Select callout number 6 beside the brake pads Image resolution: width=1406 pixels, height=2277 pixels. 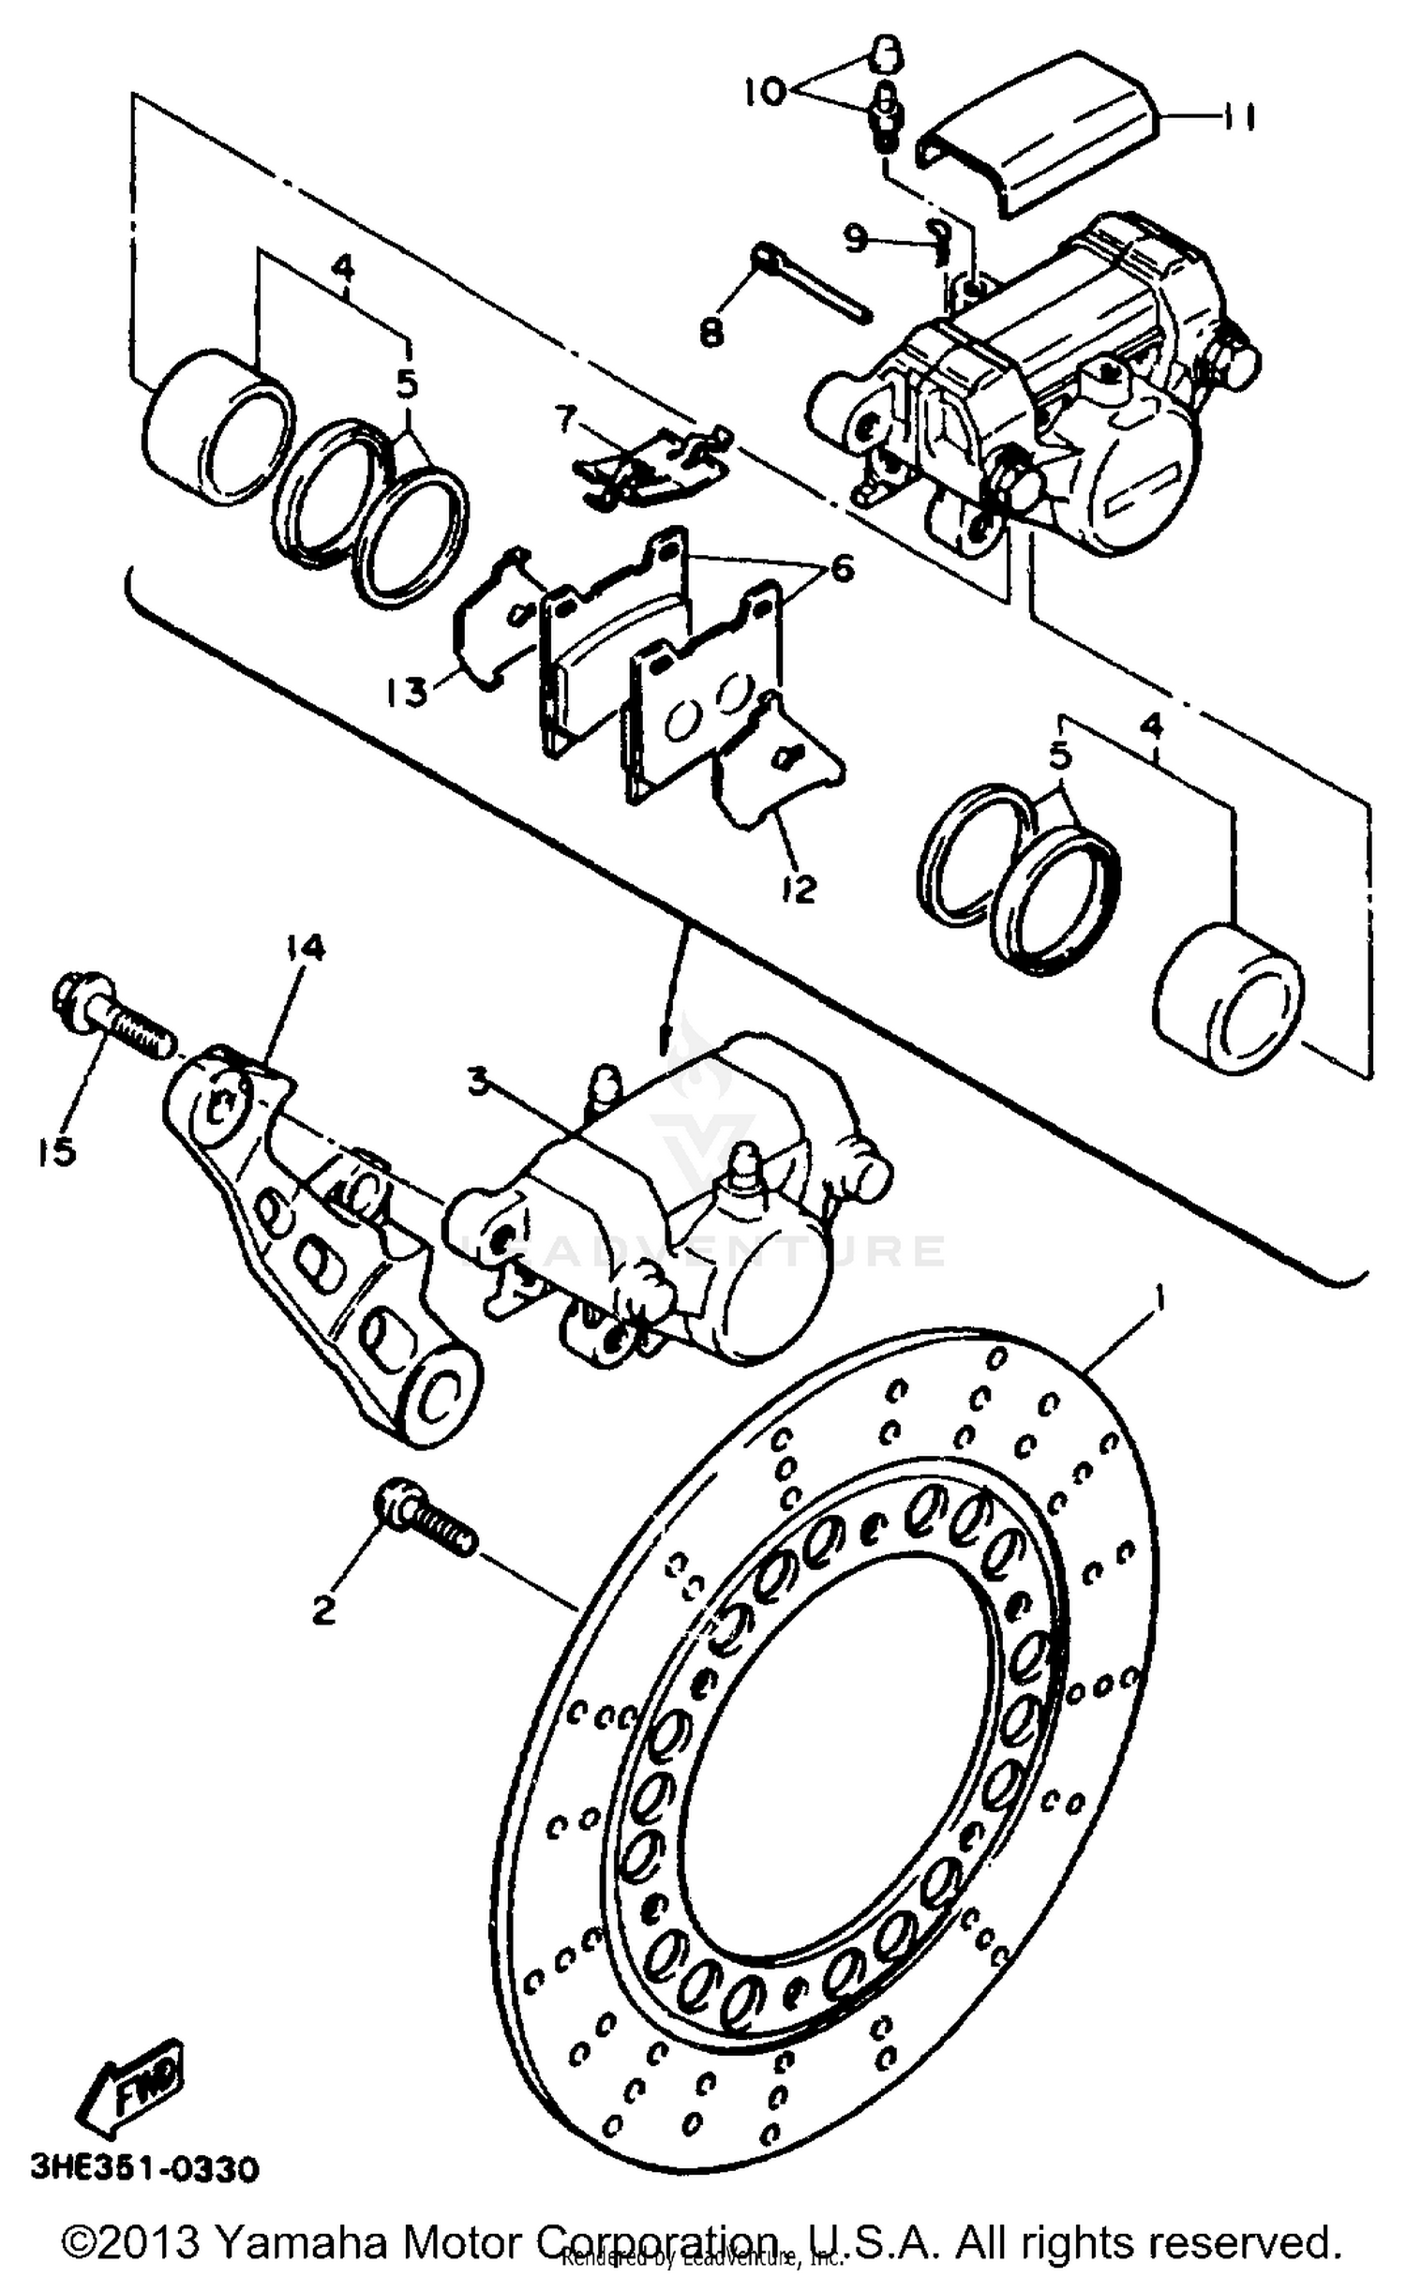pos(841,569)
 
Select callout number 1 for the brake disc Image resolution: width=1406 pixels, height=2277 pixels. pos(1159,1299)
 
